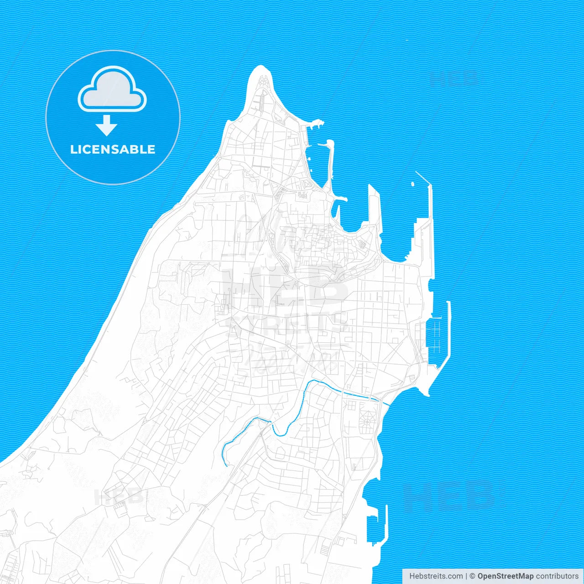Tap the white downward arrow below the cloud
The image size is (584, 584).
tap(107, 125)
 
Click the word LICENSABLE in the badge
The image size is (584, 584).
tap(113, 150)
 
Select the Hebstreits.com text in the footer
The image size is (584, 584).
tap(436, 576)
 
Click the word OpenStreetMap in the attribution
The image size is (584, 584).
tap(505, 576)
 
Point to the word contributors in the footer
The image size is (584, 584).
tap(557, 576)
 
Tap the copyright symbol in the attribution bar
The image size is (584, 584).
tap(472, 576)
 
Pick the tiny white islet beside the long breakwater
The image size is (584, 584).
tap(412, 184)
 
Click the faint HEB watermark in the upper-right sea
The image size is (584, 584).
tap(454, 78)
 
